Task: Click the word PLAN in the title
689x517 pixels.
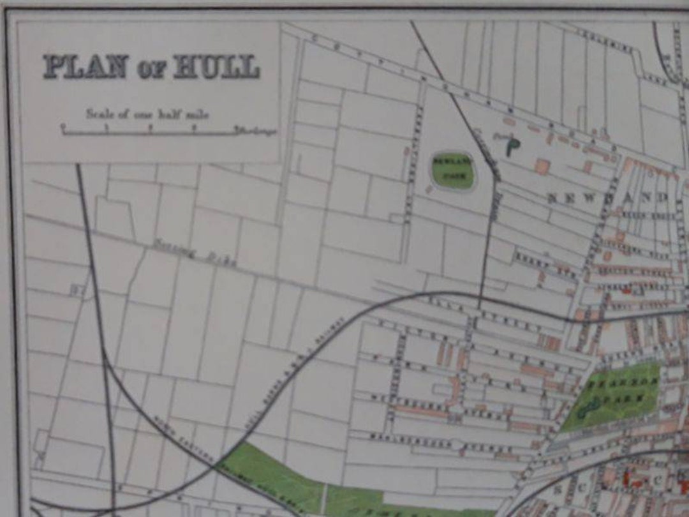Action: [x=85, y=66]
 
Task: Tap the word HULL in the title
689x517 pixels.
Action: [x=216, y=66]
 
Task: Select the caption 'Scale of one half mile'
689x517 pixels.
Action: [x=147, y=114]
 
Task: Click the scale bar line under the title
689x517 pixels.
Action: [x=150, y=133]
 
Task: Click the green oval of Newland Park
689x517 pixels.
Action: [x=453, y=170]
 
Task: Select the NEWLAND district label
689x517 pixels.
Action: [x=607, y=198]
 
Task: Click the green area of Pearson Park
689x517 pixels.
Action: [x=612, y=396]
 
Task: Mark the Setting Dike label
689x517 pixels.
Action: [x=195, y=254]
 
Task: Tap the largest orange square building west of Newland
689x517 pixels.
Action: [x=542, y=167]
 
